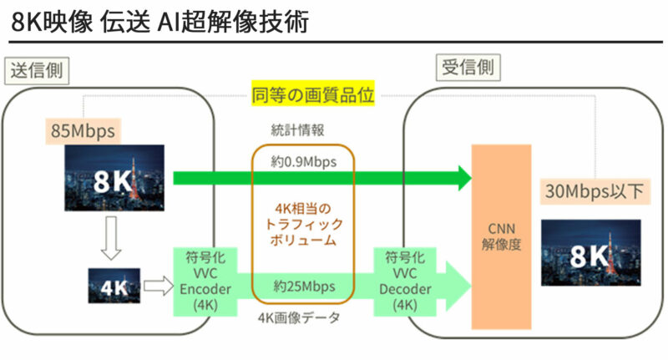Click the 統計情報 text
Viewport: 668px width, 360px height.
point(303,130)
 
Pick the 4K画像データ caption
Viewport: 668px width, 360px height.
point(303,317)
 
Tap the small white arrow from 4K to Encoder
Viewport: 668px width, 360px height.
point(155,286)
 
